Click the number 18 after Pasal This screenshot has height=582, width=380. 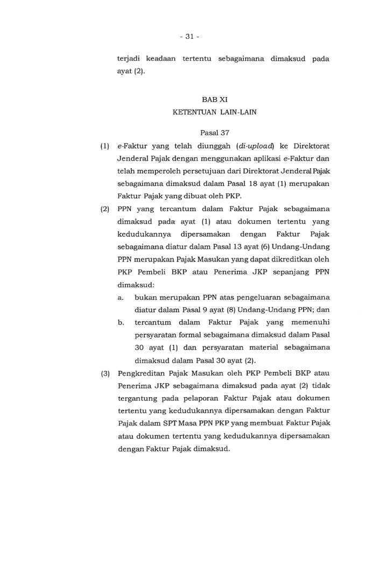233,184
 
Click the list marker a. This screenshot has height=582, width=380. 121,297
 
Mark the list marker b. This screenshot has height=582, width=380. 121,322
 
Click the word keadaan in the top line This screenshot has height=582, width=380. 161,58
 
